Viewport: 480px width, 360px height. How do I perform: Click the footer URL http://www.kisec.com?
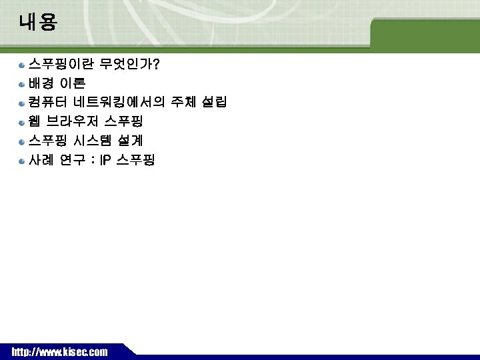[x=59, y=351]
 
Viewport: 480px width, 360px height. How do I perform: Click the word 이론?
[x=73, y=84]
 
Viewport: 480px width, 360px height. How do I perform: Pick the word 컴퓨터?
[x=47, y=103]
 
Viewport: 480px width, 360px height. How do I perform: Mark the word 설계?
[x=130, y=141]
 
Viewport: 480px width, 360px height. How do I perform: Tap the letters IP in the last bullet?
[x=105, y=160]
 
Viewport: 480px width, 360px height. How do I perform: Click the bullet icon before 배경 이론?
[x=22, y=85]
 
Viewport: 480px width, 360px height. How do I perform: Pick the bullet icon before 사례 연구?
[x=22, y=161]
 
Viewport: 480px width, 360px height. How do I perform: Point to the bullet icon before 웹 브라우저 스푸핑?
[x=22, y=123]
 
